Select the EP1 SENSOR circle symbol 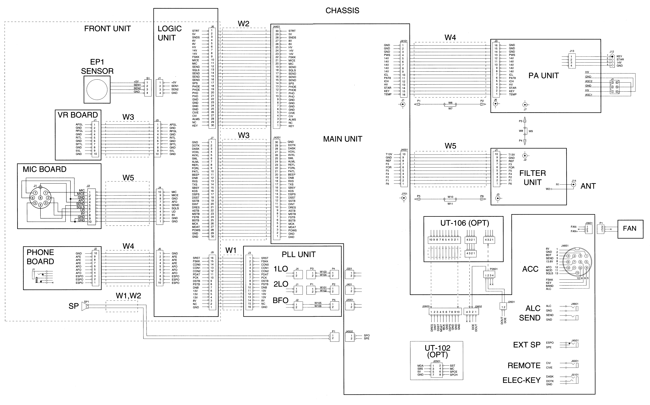[x=97, y=89]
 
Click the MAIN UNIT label [x=343, y=139]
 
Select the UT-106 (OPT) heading [x=465, y=223]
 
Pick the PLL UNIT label [x=299, y=254]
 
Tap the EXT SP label [x=527, y=345]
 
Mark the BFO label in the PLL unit [x=280, y=301]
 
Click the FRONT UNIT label [x=107, y=29]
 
